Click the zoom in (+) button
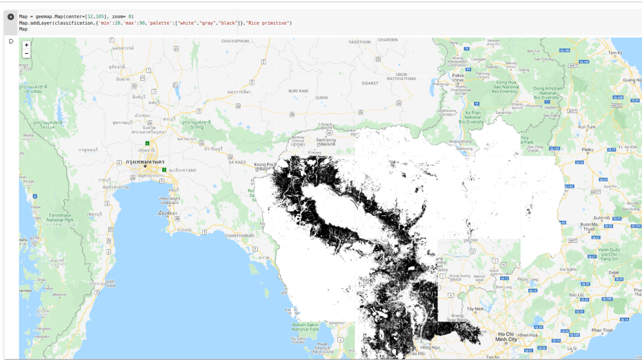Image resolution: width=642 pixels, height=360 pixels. pos(27,45)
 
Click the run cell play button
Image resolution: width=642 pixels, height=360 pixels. pos(10,17)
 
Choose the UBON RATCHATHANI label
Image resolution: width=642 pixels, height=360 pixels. pos(401,77)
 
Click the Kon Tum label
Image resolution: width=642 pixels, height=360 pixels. pos(587,127)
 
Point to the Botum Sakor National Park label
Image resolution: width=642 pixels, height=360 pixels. pos(306,327)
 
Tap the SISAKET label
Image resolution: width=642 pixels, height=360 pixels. pos(369,83)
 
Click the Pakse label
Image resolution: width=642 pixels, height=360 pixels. pos(458,76)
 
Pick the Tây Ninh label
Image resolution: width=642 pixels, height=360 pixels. pos(474,309)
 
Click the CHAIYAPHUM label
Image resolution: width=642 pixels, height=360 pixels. pos(235,41)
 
